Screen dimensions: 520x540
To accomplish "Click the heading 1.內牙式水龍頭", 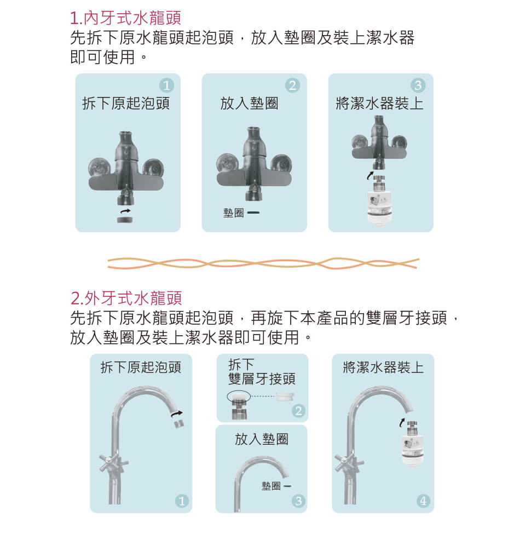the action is tap(125, 18).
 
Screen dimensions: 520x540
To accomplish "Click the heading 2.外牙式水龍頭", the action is tap(126, 298).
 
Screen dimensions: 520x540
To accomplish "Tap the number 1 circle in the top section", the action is tap(166, 85).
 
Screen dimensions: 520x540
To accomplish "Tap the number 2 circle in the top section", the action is tap(292, 85).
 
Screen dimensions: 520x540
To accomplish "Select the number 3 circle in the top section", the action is tap(418, 85).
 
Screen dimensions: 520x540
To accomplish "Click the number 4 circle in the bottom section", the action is tap(423, 501).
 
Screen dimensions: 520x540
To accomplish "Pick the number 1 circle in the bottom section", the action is tap(182, 501).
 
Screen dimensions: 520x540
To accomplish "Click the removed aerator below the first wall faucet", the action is tap(125, 220).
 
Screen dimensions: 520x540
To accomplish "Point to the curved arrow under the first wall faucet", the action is tap(125, 210).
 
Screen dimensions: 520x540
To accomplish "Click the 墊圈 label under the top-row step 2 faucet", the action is tap(233, 213).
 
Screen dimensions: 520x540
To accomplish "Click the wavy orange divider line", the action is tap(263, 263).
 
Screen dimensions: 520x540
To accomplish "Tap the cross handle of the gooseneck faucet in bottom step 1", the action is tap(113, 463).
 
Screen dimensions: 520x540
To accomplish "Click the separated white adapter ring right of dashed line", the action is tap(285, 397).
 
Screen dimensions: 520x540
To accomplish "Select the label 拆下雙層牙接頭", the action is tap(262, 372).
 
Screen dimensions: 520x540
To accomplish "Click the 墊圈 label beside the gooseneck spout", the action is tap(271, 486).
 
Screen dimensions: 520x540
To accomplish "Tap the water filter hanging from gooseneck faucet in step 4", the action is tap(412, 443).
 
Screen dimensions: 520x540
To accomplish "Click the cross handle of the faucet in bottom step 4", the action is tap(349, 463).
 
